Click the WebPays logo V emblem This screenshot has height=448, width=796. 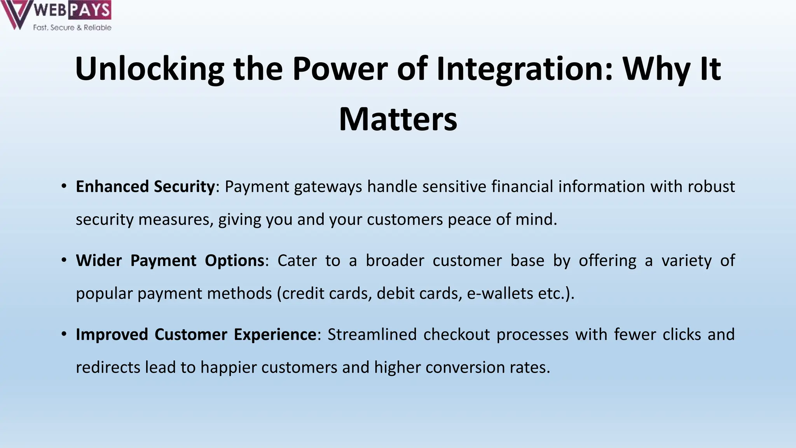15,14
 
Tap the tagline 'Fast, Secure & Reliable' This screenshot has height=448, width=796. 72,28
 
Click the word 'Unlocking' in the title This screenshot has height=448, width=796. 149,69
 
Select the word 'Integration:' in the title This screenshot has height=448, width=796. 524,69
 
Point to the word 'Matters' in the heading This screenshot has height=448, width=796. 398,119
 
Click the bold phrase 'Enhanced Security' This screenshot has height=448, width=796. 145,187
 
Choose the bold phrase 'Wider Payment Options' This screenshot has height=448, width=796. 170,261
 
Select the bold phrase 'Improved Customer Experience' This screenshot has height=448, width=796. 196,334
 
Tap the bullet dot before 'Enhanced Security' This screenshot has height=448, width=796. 64,186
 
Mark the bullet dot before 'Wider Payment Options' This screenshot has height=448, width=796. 64,260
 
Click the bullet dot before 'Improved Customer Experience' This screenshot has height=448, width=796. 64,334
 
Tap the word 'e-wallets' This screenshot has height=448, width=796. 500,294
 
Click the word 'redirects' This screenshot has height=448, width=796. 108,367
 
